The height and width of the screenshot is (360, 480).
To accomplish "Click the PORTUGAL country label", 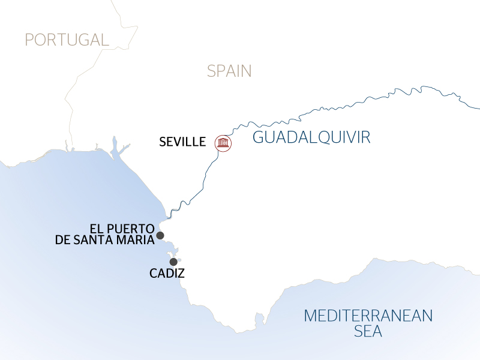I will [67, 40].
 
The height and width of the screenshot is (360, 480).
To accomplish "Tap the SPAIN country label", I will [229, 71].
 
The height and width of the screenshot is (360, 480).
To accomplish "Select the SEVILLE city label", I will [182, 142].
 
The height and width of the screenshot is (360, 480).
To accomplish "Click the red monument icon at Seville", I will [223, 143].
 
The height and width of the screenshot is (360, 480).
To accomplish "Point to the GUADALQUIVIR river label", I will [311, 137].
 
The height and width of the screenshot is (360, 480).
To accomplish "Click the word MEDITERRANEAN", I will [368, 316].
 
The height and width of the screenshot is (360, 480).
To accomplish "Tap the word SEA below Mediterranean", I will [368, 331].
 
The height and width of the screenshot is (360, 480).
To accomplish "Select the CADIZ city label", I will [166, 274].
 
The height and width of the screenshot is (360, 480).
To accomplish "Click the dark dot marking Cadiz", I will [173, 262].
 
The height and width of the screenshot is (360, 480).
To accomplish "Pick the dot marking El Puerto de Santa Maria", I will [160, 235].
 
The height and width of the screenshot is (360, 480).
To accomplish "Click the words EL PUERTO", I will [122, 229].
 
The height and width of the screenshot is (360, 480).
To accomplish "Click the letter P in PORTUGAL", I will [29, 40].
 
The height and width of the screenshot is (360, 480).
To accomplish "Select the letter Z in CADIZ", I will [181, 274].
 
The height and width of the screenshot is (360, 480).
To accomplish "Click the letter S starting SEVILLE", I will [162, 142].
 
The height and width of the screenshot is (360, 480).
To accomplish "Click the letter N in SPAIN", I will [247, 71].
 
